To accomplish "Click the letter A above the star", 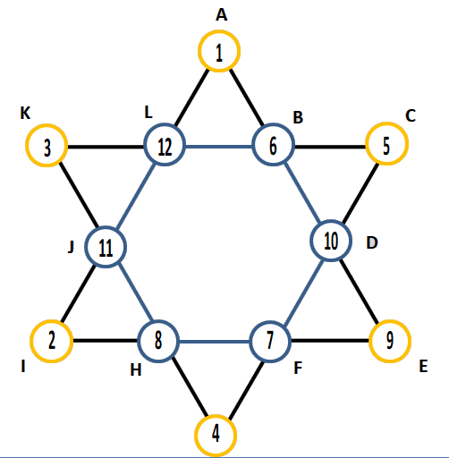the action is coord(221,14).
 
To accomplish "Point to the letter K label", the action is coord(25,114).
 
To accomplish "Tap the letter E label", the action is coord(423,366).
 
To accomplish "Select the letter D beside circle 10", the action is coord(372,243).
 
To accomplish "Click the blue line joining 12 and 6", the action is coord(219,147).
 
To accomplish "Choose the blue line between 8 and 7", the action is coord(215,342).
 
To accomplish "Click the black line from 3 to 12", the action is coord(106,147).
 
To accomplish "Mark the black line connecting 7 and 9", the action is coord(330,341).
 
